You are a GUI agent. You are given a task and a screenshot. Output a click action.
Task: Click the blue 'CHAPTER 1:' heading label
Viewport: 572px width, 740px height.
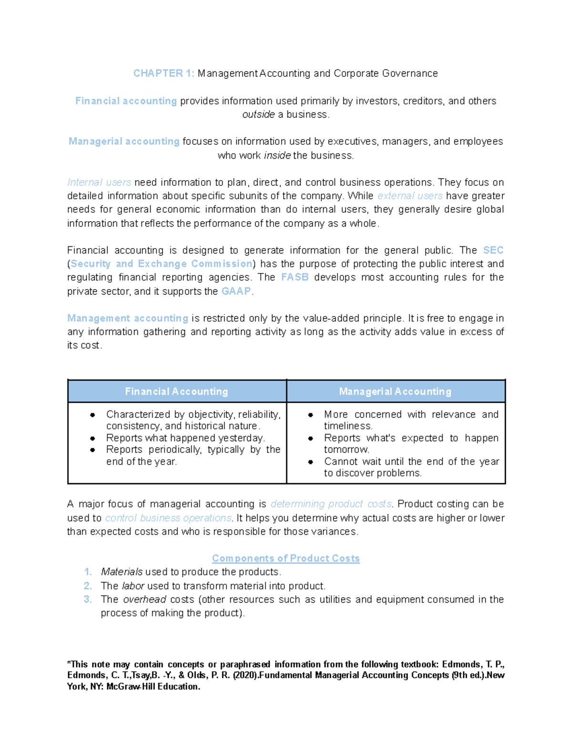coord(163,73)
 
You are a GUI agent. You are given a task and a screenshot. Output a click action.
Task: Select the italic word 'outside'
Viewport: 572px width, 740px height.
coord(258,115)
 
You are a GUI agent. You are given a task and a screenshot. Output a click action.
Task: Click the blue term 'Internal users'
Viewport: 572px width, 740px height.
coord(99,182)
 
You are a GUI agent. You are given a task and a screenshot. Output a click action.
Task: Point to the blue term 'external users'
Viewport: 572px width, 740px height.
coord(410,196)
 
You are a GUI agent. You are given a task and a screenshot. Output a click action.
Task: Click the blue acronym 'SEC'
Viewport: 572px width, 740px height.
coord(493,251)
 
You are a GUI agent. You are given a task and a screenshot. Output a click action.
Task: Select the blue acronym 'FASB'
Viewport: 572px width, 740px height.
coord(295,277)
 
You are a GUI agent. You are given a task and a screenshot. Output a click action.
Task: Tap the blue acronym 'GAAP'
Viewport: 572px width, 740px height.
coord(236,292)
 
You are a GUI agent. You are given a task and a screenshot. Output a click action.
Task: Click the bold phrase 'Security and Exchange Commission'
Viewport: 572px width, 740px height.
coord(161,264)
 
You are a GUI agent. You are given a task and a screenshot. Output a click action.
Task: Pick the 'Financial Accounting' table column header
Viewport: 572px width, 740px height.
coord(177,392)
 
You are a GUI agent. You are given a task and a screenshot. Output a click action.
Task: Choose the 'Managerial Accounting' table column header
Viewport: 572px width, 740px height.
coord(395,392)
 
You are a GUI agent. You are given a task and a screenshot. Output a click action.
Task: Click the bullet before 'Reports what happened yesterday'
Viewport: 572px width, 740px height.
coord(92,438)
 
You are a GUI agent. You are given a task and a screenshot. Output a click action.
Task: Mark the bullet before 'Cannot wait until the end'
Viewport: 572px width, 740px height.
coord(310,462)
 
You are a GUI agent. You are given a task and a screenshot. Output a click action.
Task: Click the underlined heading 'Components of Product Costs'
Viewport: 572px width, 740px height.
coord(286,558)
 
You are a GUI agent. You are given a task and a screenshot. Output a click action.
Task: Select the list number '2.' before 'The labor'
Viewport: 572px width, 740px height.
coord(88,586)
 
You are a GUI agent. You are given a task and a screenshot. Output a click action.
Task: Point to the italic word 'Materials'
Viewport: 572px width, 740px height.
coord(122,572)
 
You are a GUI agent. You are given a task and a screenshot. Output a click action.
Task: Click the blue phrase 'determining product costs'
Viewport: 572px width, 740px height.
coord(331,504)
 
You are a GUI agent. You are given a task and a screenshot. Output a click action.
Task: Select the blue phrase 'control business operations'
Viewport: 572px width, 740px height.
coord(168,518)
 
